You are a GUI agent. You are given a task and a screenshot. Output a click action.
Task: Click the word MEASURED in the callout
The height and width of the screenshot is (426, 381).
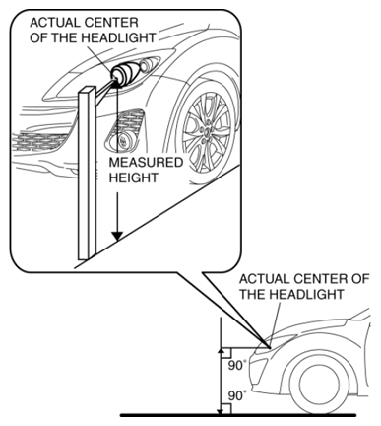coord(146,163)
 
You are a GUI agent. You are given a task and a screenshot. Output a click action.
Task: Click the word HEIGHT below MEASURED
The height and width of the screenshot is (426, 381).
coord(133,177)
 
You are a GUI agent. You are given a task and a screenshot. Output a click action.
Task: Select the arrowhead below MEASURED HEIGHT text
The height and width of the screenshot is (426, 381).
coord(117,236)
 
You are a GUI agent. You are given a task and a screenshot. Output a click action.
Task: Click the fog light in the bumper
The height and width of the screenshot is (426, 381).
coord(122,141)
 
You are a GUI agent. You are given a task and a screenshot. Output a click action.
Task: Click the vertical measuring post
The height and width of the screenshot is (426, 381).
coord(87,173)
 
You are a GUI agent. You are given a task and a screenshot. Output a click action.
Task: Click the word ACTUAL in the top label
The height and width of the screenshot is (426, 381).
coord(54,23)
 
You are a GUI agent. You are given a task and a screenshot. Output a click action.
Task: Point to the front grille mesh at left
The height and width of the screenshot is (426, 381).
coord(39,142)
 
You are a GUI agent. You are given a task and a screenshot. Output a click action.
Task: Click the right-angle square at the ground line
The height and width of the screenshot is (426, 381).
coord(226,409)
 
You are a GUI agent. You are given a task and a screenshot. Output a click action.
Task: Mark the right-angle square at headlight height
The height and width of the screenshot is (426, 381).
coord(226,353)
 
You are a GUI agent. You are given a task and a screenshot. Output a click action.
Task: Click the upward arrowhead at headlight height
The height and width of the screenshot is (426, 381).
coord(221,352)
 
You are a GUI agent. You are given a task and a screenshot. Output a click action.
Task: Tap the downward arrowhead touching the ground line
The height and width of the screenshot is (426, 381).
coord(221,410)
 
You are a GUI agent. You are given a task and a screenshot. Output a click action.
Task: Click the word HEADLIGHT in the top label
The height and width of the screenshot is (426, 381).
coord(118,37)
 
